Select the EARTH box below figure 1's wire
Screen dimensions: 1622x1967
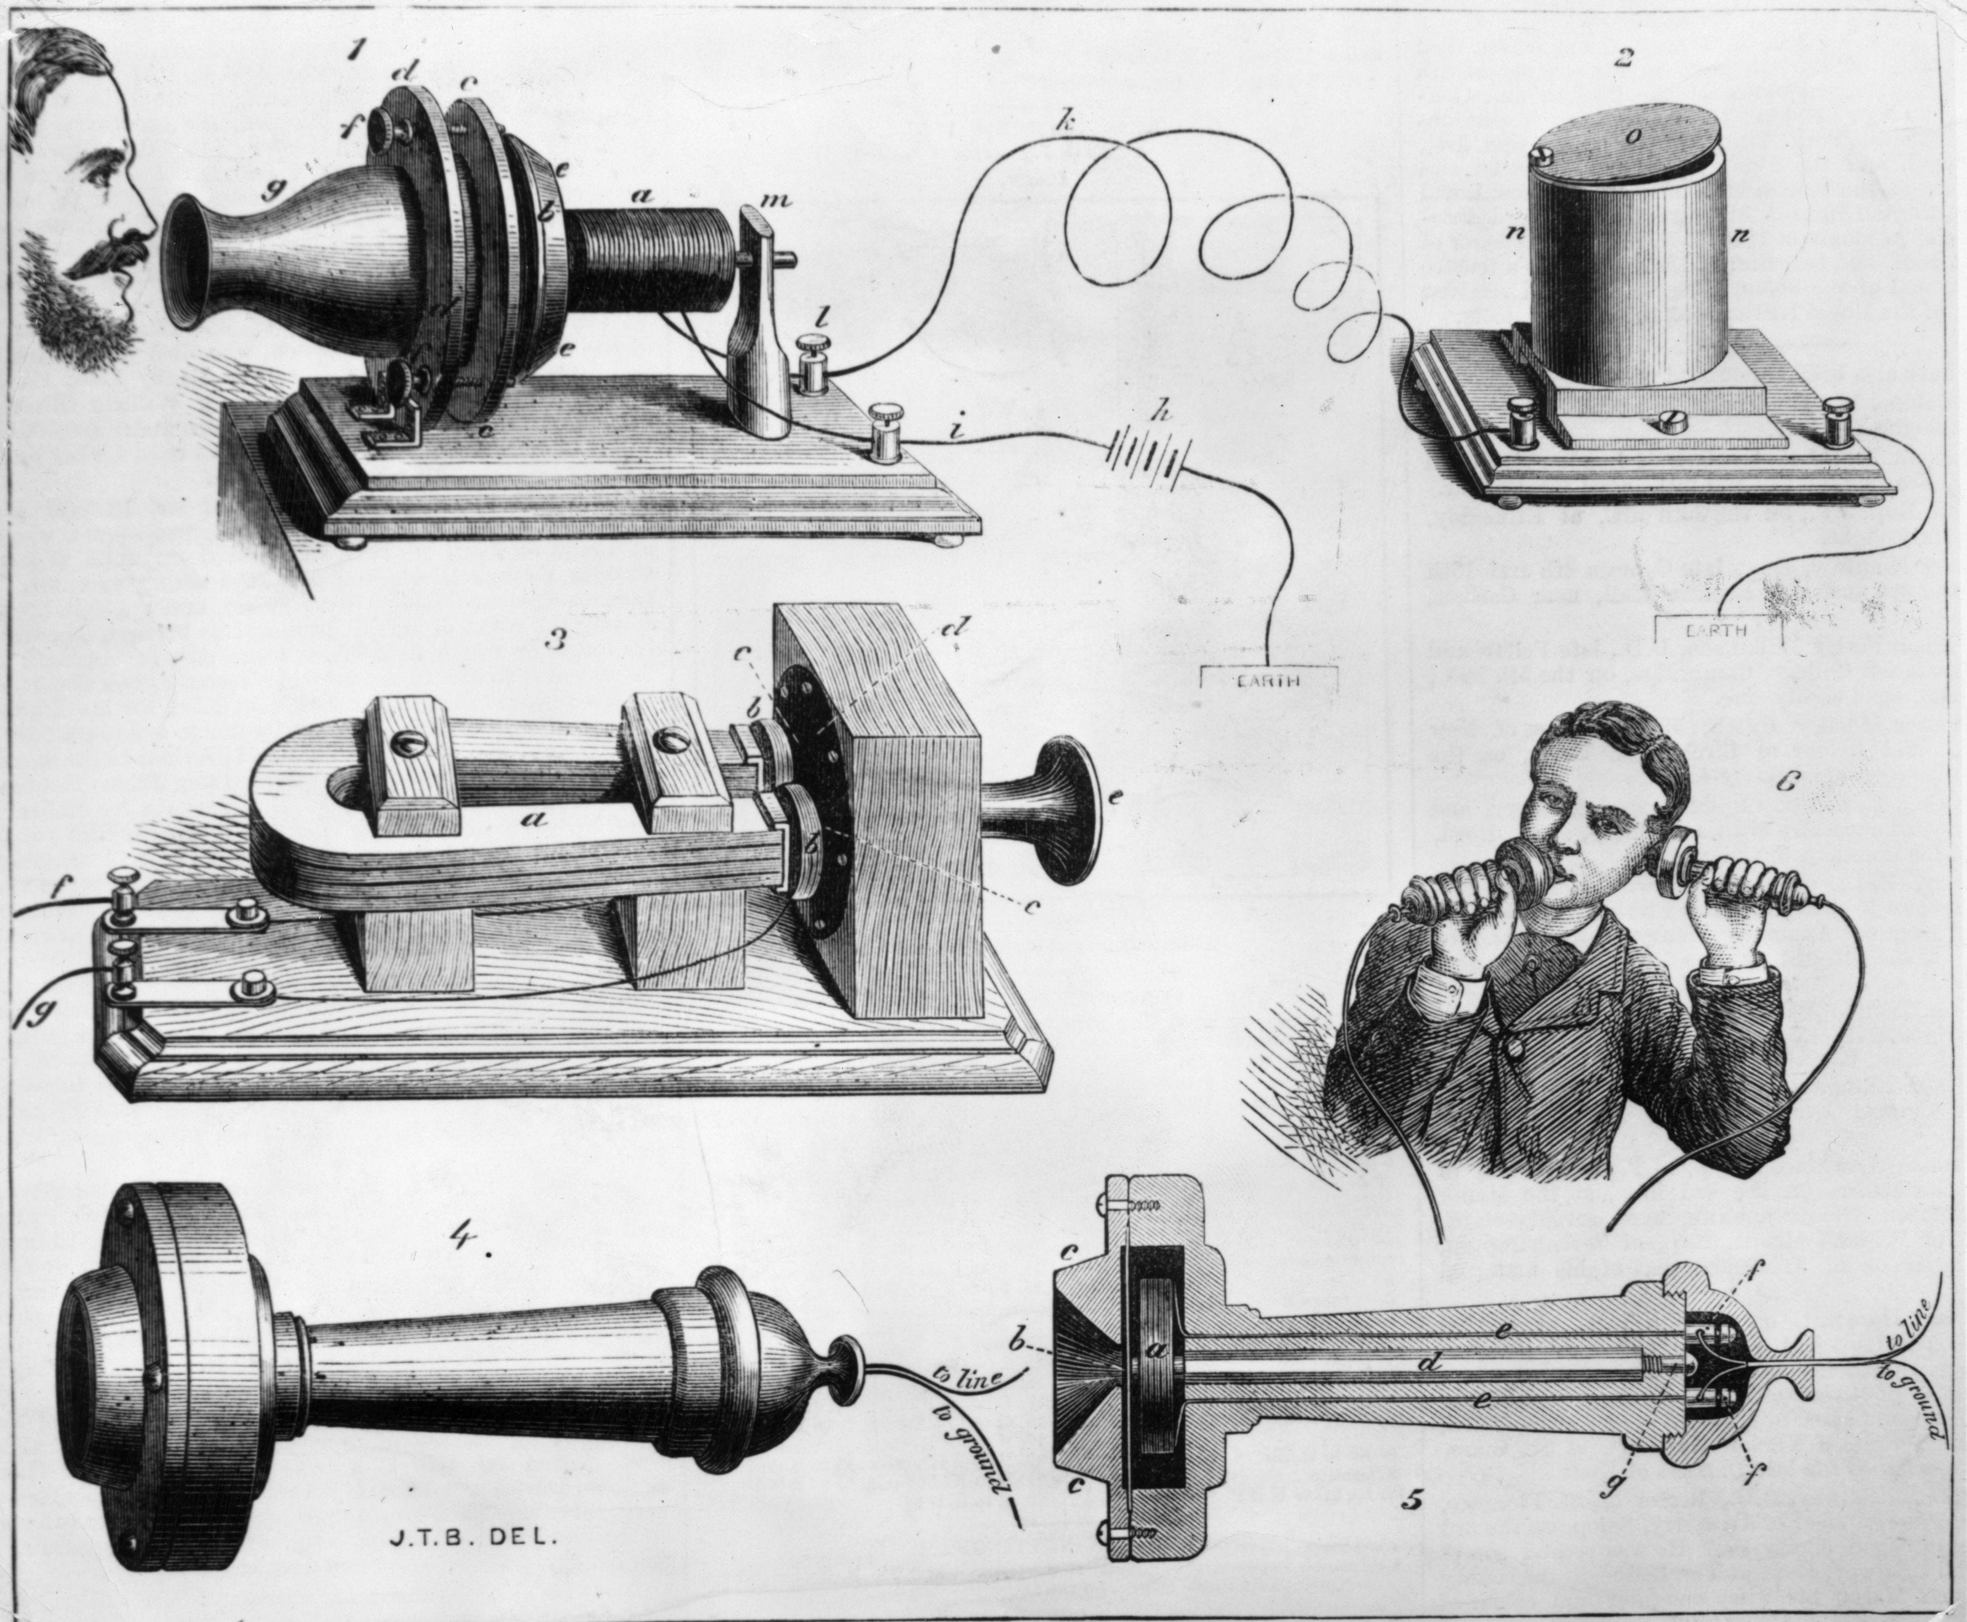[1268, 679]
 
